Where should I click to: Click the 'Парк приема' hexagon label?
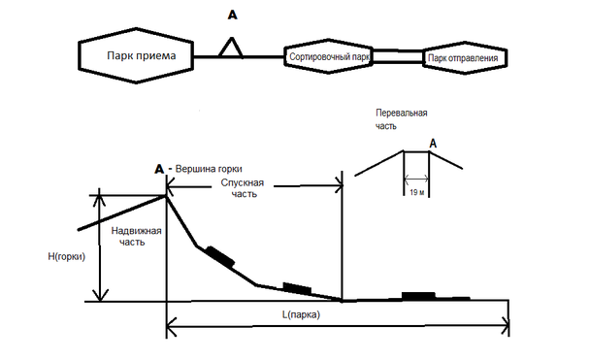point(142,56)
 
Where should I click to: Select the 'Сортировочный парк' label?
point(329,56)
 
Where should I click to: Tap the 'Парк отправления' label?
point(463,58)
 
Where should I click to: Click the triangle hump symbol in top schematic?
point(231,48)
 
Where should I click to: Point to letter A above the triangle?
point(233,15)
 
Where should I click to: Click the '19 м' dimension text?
point(416,192)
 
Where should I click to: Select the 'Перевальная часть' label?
point(401,119)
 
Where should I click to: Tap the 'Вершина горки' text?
point(209,169)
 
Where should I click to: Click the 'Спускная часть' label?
point(243,188)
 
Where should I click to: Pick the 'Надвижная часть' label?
point(136,236)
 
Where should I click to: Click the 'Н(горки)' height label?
point(67,257)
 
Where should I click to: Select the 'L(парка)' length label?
point(301,314)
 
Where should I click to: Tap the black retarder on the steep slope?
point(220,256)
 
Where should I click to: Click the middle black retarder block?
point(297,288)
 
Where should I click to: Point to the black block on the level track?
point(418,296)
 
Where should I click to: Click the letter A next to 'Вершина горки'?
point(159,169)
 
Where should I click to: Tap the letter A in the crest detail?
point(433,144)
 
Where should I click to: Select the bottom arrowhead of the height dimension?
point(100,295)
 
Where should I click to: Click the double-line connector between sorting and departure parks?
point(398,56)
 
